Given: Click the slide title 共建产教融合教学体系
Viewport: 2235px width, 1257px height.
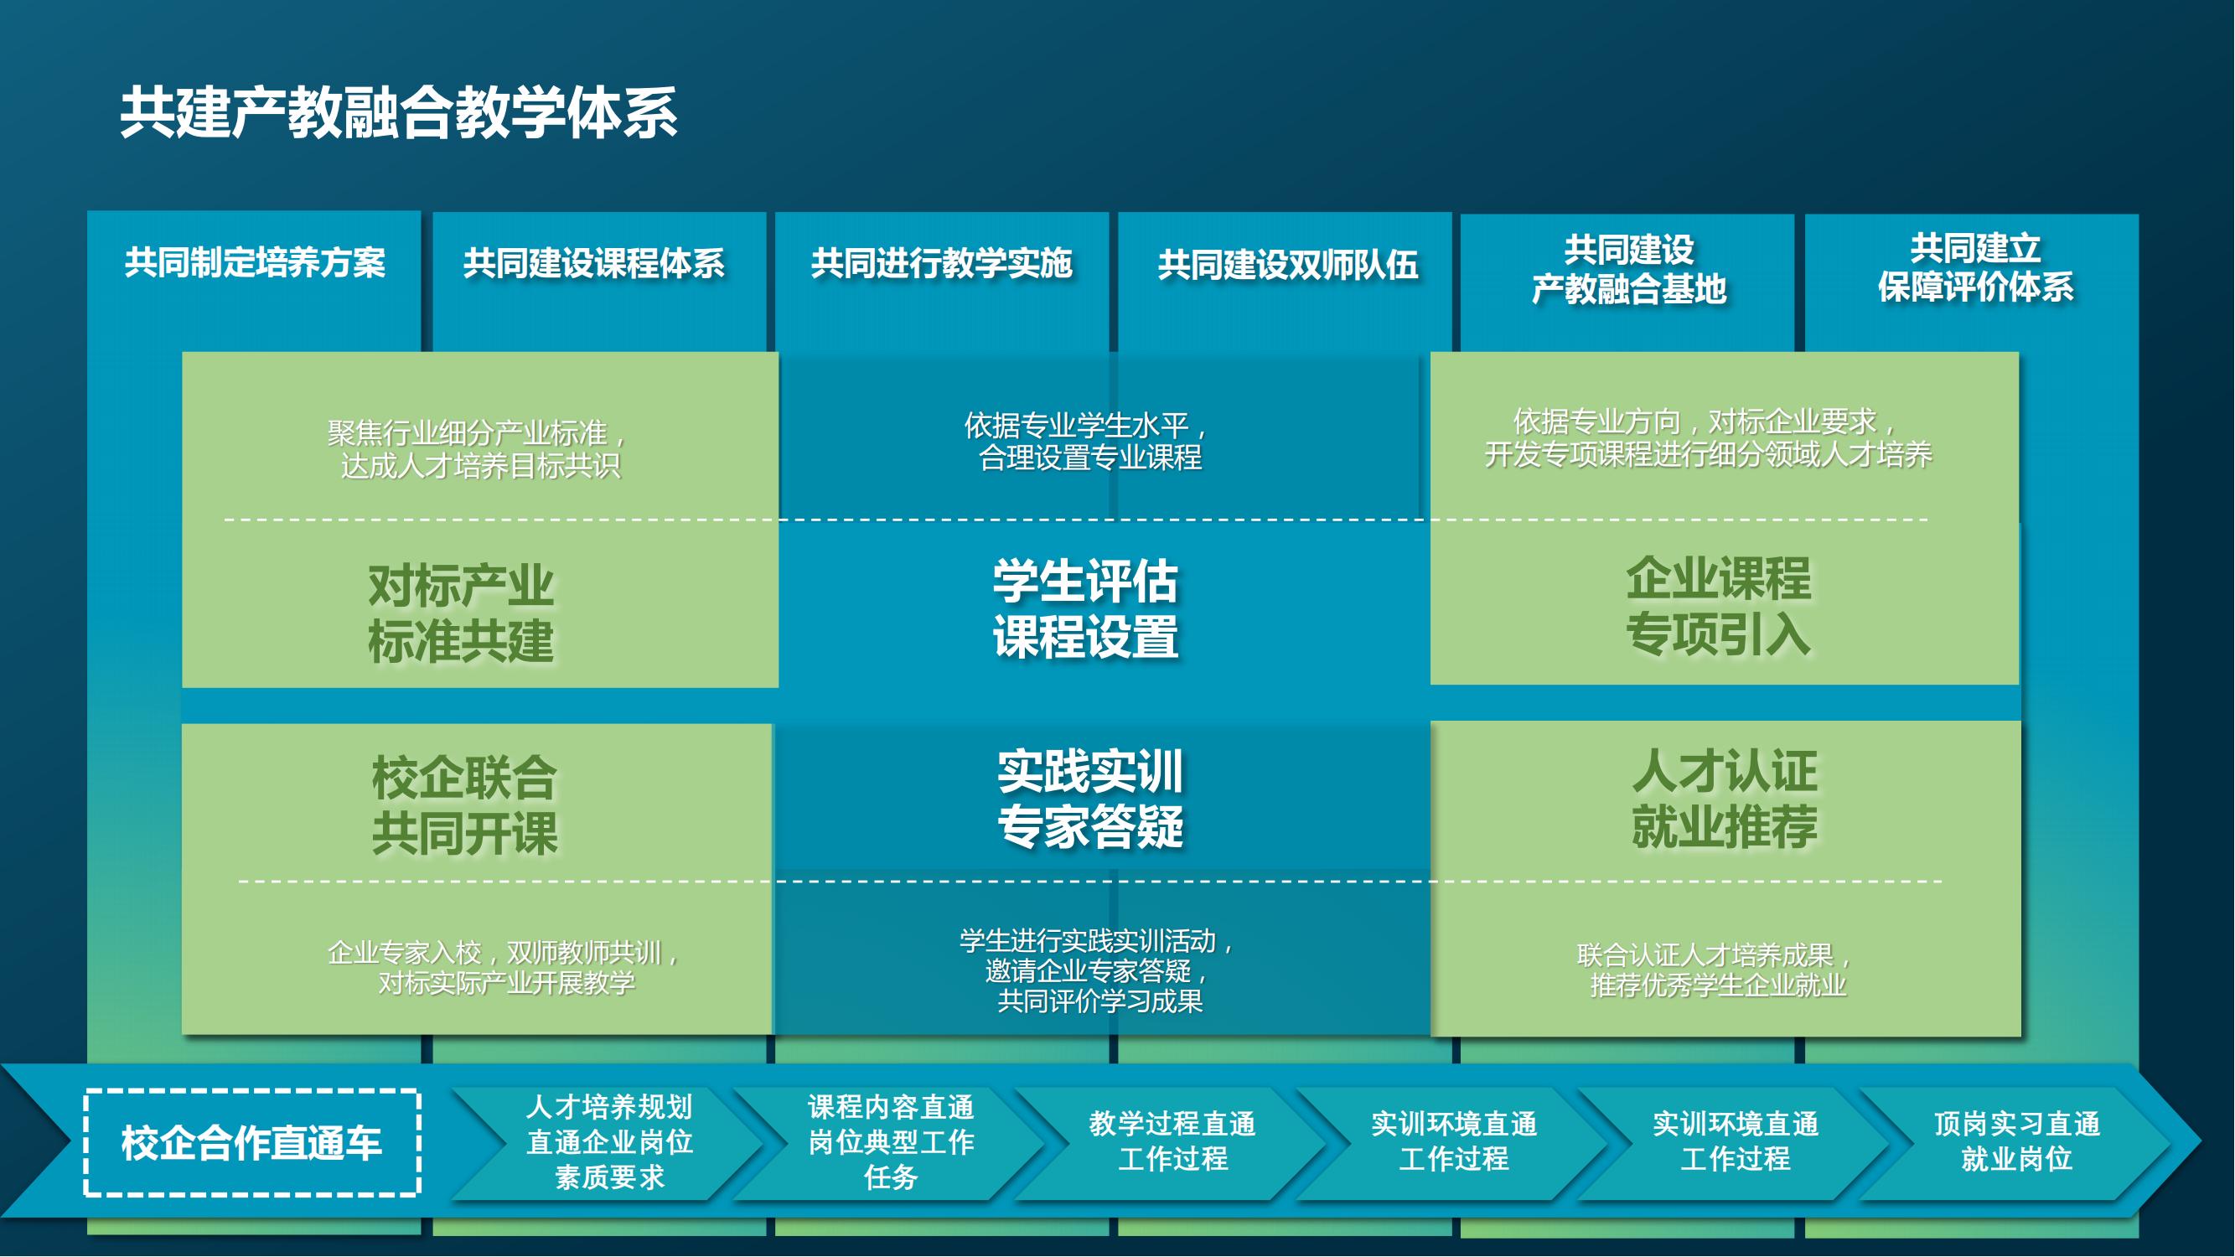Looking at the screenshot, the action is tap(399, 113).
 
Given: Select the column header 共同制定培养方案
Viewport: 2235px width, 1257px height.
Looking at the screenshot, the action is tap(255, 262).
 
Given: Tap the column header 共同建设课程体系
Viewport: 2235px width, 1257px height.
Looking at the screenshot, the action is tap(594, 263).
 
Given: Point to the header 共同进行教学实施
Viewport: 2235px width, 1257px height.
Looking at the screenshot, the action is tap(942, 263).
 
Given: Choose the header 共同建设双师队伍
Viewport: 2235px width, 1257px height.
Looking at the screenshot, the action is tap(1288, 265).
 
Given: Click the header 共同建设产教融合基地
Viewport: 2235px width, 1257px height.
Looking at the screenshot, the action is tap(1628, 269).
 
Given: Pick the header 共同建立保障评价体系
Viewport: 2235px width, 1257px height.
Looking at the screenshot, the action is tap(1975, 267).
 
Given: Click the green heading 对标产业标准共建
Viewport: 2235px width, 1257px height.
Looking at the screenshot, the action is tap(461, 613).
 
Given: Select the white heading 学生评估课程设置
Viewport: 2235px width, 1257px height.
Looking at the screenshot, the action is tap(1085, 608).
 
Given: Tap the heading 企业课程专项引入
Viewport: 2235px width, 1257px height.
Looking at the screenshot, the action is tap(1718, 606).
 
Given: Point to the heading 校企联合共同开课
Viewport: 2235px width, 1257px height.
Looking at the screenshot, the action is tap(464, 805).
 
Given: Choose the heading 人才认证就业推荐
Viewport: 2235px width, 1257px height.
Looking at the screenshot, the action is tap(1724, 798).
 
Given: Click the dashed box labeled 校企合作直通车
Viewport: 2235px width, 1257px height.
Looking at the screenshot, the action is tap(252, 1142).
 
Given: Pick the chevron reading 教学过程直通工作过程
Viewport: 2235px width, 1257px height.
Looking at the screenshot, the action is tap(1172, 1142).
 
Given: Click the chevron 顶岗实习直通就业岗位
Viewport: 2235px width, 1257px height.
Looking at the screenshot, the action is tap(2016, 1142).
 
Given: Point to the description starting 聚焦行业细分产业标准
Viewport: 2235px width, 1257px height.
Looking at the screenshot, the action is tap(480, 449).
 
